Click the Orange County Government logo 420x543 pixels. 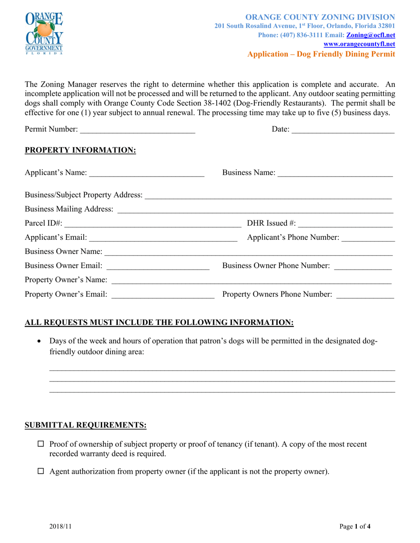(44, 33)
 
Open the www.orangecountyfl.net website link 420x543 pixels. (359, 44)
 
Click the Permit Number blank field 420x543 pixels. (137, 130)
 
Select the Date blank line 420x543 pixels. (343, 130)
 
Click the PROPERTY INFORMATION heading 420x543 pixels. (80, 151)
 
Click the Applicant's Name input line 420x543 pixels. (146, 173)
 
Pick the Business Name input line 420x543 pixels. (335, 173)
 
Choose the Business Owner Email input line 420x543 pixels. (158, 266)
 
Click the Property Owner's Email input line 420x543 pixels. (163, 295)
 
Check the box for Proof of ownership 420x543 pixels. (41, 444)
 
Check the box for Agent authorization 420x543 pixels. (41, 471)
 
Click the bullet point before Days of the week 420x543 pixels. (41, 342)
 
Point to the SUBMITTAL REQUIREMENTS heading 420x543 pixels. (85, 425)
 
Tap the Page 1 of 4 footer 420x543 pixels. (355, 526)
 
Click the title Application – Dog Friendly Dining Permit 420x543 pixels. (321, 54)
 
